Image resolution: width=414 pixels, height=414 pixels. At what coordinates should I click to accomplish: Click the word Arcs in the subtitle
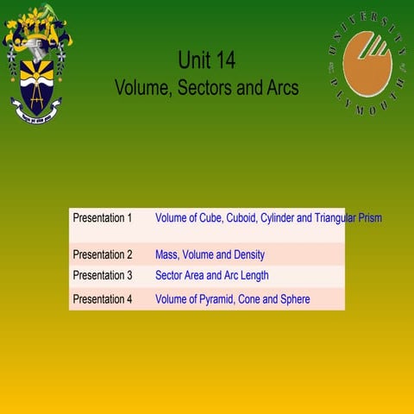coord(279,88)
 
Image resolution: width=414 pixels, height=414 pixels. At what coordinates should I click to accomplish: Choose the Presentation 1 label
coord(103,218)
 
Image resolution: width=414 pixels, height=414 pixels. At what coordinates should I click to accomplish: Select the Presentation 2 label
coord(103,254)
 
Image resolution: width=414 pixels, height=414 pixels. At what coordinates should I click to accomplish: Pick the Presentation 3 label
coord(103,276)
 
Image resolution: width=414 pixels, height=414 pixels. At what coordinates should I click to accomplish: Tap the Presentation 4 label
coord(103,299)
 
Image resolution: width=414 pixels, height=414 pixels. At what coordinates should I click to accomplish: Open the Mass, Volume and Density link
coord(210,254)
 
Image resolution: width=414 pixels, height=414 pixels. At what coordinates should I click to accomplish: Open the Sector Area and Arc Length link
coord(211,276)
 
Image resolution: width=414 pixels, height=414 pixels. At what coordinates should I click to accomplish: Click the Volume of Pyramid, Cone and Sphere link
coord(232,299)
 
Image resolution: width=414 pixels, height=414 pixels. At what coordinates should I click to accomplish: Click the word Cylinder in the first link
coord(274,218)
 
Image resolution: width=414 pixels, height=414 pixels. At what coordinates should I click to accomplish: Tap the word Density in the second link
coord(247,254)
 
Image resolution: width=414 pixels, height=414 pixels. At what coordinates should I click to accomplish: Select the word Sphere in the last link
coord(292,299)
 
